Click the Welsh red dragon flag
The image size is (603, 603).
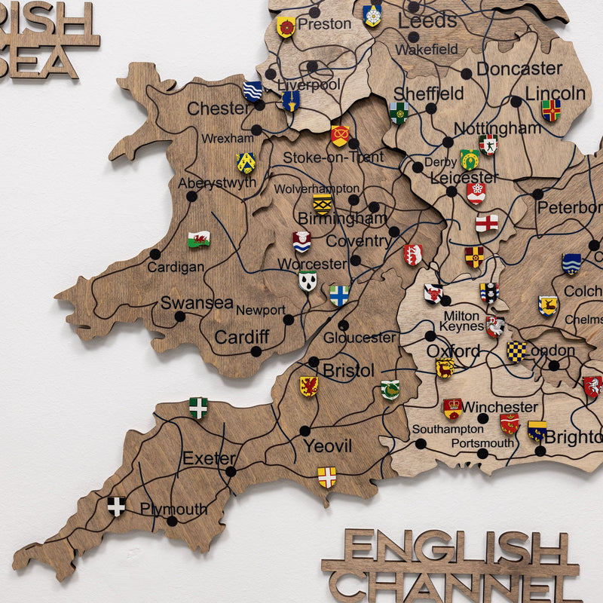[199, 239]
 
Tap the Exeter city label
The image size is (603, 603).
[209, 458]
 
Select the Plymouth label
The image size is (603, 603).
[173, 510]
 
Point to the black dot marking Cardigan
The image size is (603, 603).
[155, 254]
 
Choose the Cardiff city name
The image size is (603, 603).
[241, 337]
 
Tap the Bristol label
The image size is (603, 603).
[348, 371]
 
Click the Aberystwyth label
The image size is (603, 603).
[217, 183]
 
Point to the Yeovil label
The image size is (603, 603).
[327, 446]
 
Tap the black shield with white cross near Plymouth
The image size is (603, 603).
[116, 506]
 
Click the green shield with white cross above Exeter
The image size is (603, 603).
[198, 408]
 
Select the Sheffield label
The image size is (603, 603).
[429, 93]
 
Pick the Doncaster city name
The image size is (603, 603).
[519, 69]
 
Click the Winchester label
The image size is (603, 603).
[500, 408]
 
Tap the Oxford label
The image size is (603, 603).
[453, 351]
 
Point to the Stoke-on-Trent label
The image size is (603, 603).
[333, 158]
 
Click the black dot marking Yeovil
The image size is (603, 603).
[305, 431]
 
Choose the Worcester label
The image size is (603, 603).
[312, 264]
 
